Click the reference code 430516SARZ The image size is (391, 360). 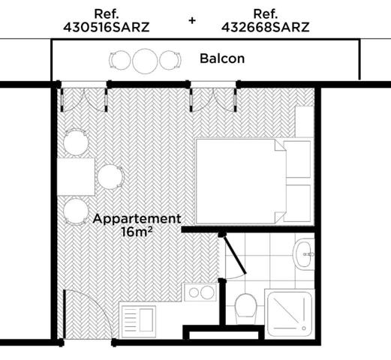(x=106, y=28)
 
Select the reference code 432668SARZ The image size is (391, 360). (x=266, y=28)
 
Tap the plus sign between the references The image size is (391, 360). (x=192, y=20)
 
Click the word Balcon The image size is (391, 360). (x=222, y=58)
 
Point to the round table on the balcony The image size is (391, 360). (x=143, y=59)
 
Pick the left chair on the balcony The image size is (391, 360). (x=120, y=59)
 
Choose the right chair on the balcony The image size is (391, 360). (x=168, y=59)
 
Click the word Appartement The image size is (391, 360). (x=137, y=219)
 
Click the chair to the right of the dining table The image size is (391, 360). (x=110, y=176)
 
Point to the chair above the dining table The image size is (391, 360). (x=75, y=140)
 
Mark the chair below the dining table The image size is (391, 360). (x=75, y=211)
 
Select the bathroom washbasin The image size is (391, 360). (x=305, y=254)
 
